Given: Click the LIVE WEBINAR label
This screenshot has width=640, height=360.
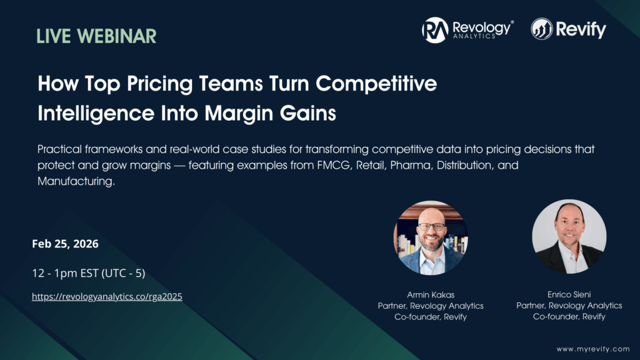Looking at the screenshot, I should [96, 36].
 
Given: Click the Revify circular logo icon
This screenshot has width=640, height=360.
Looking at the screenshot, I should [541, 29].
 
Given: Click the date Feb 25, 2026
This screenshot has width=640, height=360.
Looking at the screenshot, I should [65, 244].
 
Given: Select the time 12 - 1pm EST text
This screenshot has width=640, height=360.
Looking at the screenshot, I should [88, 273].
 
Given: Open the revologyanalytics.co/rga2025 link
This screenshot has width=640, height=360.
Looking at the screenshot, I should [107, 297].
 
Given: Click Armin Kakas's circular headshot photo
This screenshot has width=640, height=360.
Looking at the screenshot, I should [431, 238].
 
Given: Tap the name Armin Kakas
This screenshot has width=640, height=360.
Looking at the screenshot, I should [430, 294].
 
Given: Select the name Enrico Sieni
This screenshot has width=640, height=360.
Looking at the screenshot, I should [569, 294].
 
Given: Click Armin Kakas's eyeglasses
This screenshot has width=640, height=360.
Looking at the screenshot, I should [431, 226].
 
